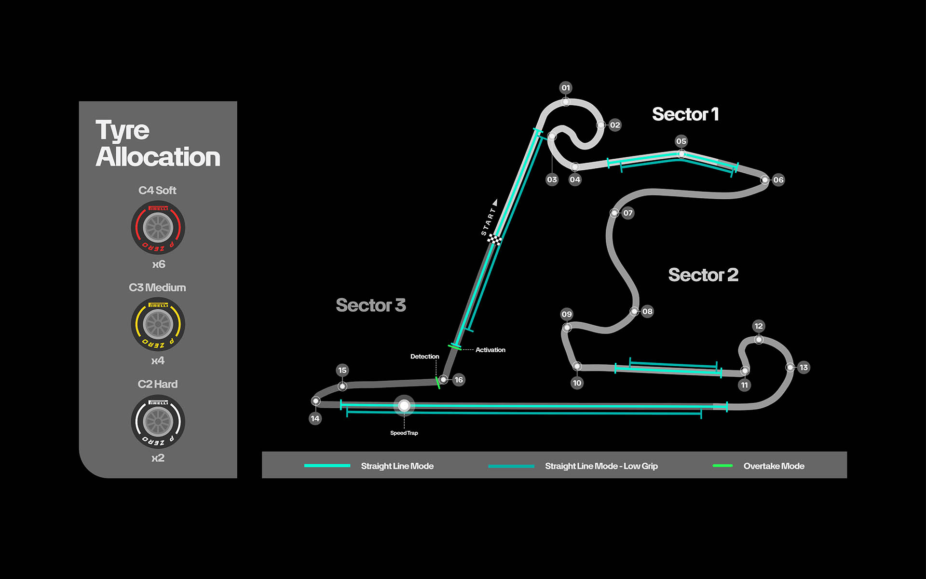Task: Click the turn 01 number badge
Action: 566,88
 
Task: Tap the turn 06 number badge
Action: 778,180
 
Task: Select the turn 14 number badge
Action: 315,418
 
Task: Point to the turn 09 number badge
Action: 567,314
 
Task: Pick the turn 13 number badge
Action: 803,368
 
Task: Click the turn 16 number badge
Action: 459,380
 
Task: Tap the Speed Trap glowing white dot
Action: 404,406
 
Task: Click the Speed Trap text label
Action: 404,433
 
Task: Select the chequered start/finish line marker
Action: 494,239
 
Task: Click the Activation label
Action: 490,350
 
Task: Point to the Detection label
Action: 424,357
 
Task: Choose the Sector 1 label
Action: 685,114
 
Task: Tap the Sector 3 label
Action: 370,305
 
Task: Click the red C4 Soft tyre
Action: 158,227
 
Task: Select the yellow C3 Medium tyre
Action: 158,324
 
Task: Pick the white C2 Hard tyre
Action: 158,421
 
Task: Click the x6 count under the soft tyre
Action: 158,264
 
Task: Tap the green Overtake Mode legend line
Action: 722,466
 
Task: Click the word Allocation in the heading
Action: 158,157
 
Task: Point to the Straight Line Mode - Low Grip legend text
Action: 601,466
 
